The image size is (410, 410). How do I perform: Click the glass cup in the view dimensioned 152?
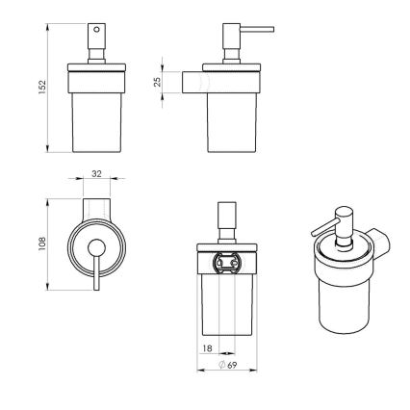point(96,120)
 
